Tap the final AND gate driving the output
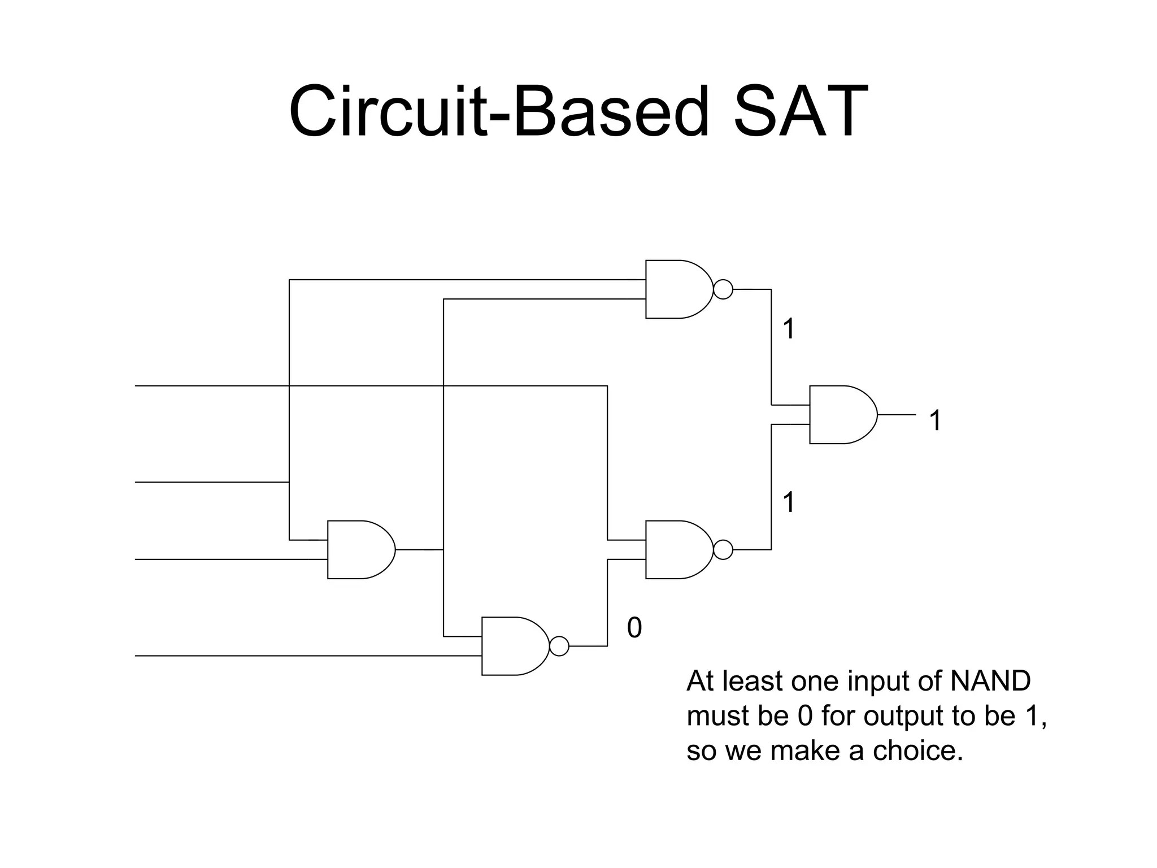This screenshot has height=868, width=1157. pyautogui.click(x=841, y=415)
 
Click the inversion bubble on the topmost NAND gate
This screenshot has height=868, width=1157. pyautogui.click(x=723, y=289)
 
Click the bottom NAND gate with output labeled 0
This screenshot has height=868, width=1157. pyautogui.click(x=513, y=646)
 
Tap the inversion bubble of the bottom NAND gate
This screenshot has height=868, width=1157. pyautogui.click(x=559, y=646)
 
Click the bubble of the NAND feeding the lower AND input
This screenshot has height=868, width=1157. pyautogui.click(x=723, y=549)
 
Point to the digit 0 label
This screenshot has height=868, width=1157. pyautogui.click(x=634, y=628)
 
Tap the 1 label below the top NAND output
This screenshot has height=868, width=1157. pyautogui.click(x=789, y=329)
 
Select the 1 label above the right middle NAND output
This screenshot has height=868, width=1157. pyautogui.click(x=789, y=502)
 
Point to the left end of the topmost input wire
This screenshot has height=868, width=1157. pyautogui.click(x=137, y=386)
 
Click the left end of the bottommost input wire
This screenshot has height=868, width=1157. pyautogui.click(x=137, y=656)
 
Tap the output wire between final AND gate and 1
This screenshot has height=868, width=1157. pyautogui.click(x=897, y=415)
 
